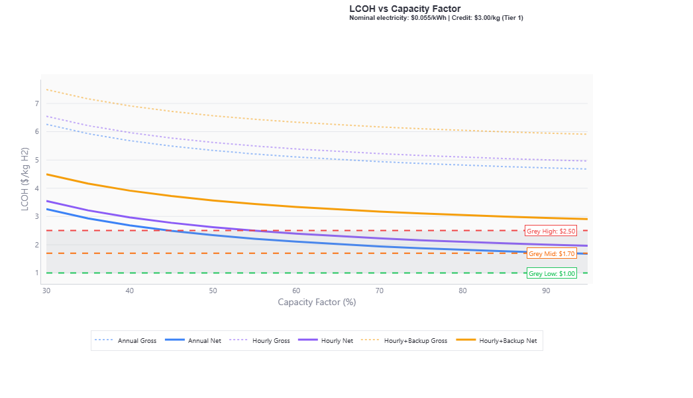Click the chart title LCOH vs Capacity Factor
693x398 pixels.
pyautogui.click(x=405, y=9)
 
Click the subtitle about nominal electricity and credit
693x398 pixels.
pyautogui.click(x=436, y=18)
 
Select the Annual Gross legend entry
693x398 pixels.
pyautogui.click(x=126, y=340)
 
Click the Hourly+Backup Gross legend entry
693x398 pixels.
pyautogui.click(x=404, y=340)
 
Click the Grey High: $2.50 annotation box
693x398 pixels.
pyautogui.click(x=551, y=231)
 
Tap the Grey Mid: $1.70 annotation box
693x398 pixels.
pyautogui.click(x=551, y=254)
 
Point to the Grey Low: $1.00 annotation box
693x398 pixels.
pyautogui.click(x=551, y=273)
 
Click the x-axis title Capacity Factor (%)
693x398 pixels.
pyautogui.click(x=317, y=302)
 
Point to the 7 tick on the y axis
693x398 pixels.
pyautogui.click(x=37, y=103)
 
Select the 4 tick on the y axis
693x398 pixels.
pyautogui.click(x=37, y=188)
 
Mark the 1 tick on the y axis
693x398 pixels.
pyautogui.click(x=37, y=273)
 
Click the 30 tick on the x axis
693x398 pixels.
pyautogui.click(x=46, y=291)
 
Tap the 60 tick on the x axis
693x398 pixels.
pyautogui.click(x=296, y=291)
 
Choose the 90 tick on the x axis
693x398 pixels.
pyautogui.click(x=545, y=291)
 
